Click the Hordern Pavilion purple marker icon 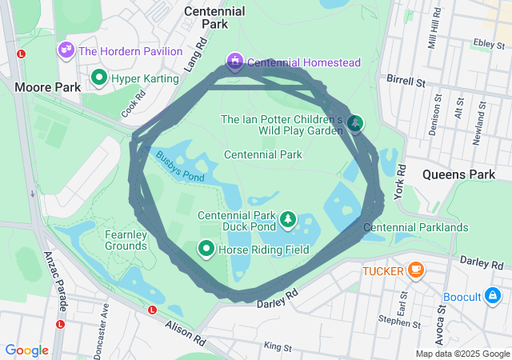[x=66, y=50]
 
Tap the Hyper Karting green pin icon [x=99, y=78]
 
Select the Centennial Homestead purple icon [x=234, y=62]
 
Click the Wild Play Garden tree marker [x=354, y=122]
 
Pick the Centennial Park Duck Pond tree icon [x=287, y=218]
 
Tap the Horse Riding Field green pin [x=206, y=250]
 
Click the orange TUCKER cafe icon [x=415, y=270]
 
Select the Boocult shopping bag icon [x=495, y=297]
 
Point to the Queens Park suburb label [x=458, y=174]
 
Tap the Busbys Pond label [x=180, y=166]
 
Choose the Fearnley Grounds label [x=126, y=240]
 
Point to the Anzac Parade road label [x=53, y=280]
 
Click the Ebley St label [x=486, y=43]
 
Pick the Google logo [x=26, y=350]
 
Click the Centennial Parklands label [x=415, y=227]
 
